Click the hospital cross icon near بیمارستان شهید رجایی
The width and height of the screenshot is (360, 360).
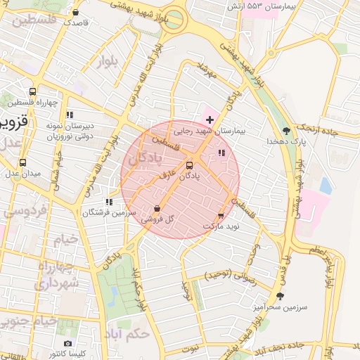tap(210, 120)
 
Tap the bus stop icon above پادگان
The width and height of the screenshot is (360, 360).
tap(188, 165)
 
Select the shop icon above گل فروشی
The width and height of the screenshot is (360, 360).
tap(156, 208)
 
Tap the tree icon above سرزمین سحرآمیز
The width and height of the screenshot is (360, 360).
tap(281, 296)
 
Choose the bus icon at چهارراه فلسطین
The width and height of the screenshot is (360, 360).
tap(32, 91)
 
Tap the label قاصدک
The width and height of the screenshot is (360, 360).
tap(76, 22)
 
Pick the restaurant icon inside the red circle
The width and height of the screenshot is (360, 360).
tap(221, 153)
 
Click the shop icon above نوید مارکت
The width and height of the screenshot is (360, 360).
tap(221, 216)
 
